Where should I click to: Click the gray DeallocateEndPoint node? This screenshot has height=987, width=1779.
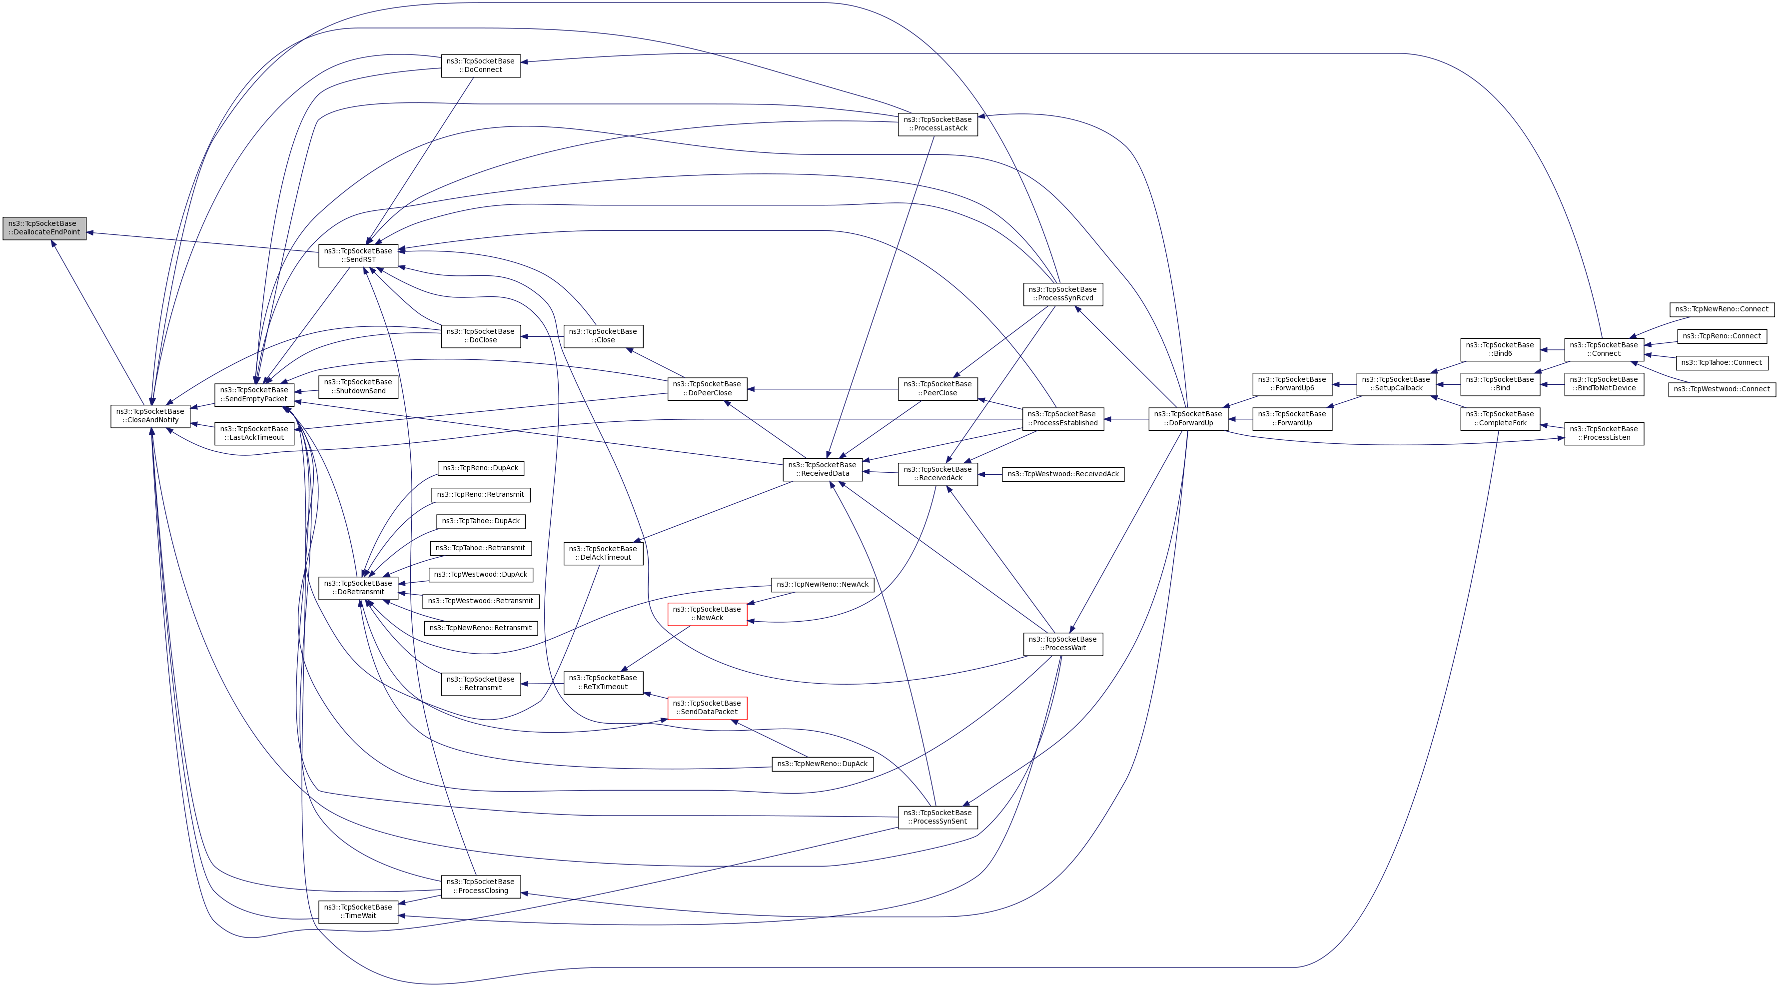click(x=44, y=228)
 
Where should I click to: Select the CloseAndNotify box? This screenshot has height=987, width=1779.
click(x=150, y=416)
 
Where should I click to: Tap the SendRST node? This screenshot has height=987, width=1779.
click(x=358, y=255)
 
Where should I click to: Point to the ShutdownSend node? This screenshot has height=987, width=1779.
click(x=358, y=386)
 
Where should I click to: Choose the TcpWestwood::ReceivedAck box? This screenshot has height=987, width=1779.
click(x=1063, y=474)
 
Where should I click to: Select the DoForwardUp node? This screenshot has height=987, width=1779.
click(x=1188, y=419)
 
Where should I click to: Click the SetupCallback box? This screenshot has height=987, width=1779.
click(x=1396, y=384)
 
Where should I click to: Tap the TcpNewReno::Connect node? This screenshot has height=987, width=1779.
click(x=1722, y=309)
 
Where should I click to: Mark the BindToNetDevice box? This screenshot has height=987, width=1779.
click(x=1604, y=384)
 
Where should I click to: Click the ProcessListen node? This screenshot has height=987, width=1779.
click(x=1604, y=433)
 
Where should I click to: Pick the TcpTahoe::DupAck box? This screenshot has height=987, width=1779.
click(x=481, y=521)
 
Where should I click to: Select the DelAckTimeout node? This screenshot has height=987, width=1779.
click(x=603, y=553)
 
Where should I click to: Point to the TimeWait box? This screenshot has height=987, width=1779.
click(x=358, y=912)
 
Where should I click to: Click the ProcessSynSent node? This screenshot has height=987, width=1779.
click(x=937, y=817)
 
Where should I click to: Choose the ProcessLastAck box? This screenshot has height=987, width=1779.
click(x=937, y=123)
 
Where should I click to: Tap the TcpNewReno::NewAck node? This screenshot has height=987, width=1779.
click(x=823, y=584)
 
